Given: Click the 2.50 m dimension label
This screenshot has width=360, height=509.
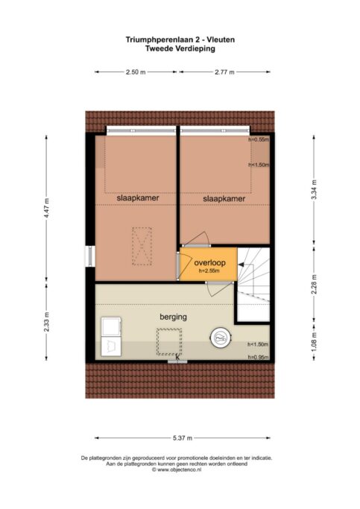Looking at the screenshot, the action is coord(136,72).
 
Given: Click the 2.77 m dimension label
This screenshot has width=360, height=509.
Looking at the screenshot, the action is coord(224,72).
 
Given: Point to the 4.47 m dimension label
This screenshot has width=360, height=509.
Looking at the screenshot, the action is coord(46,208).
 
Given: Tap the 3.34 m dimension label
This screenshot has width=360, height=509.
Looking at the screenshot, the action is coord(314,190).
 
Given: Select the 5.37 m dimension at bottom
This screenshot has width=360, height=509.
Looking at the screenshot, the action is coord(183,438).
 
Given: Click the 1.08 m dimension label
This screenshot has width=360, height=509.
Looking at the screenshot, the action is coord(314,341).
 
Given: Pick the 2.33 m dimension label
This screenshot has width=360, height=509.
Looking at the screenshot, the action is coord(46,321).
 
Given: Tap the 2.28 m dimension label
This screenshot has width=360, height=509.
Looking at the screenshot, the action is coord(314,285).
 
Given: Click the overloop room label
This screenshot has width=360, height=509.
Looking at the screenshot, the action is coord(209,262).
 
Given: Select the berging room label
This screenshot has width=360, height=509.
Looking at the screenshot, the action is coord(174,317).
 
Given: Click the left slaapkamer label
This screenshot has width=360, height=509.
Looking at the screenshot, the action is coord(138,198).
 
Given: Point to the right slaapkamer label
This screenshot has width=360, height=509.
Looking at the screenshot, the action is coord(224,199).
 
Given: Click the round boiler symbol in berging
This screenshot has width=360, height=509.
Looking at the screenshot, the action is coord(221,337).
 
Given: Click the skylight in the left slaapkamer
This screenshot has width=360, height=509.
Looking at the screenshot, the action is coord(142,247).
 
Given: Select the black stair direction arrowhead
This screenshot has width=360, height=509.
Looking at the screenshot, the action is coord(241,265).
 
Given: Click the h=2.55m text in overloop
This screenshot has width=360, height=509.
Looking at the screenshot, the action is coord(209,271).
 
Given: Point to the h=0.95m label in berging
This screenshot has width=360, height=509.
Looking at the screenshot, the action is coord(259,357).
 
